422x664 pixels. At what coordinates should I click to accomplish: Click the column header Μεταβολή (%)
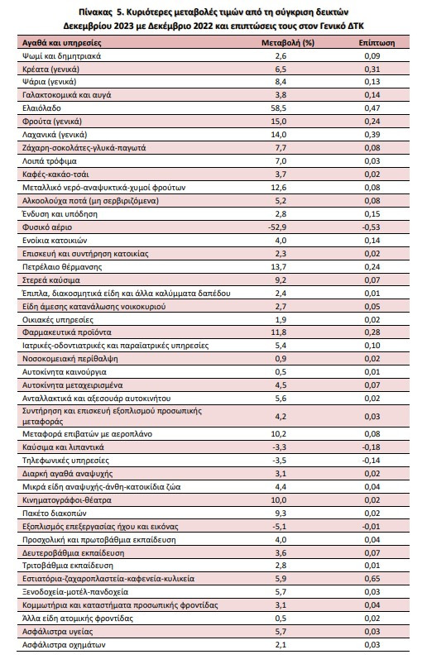click(x=288, y=43)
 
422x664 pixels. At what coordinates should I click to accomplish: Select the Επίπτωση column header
click(x=376, y=43)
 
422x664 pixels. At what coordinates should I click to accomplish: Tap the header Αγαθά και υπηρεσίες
click(x=62, y=43)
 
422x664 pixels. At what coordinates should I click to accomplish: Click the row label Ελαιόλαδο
click(x=41, y=108)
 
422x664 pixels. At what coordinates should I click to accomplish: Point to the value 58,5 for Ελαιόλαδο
click(x=278, y=108)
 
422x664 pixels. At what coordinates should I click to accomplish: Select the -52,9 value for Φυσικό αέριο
click(x=277, y=227)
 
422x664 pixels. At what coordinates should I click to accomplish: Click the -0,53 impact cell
click(x=372, y=227)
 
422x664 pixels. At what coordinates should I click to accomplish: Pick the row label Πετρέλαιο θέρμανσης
click(x=62, y=267)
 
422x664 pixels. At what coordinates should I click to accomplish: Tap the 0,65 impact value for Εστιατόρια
click(x=372, y=579)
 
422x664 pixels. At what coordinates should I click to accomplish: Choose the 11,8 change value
click(x=278, y=332)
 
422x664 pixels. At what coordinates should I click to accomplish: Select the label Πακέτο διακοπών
click(x=55, y=514)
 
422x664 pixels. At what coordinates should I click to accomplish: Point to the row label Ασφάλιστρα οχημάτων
click(x=64, y=645)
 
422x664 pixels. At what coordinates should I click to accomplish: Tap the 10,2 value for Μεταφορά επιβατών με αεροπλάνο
click(x=278, y=433)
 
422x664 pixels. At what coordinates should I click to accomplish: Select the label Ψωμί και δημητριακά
click(x=61, y=56)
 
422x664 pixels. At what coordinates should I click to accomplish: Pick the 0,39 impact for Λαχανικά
click(x=372, y=135)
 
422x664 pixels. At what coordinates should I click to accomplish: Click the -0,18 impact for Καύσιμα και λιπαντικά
click(x=372, y=447)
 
